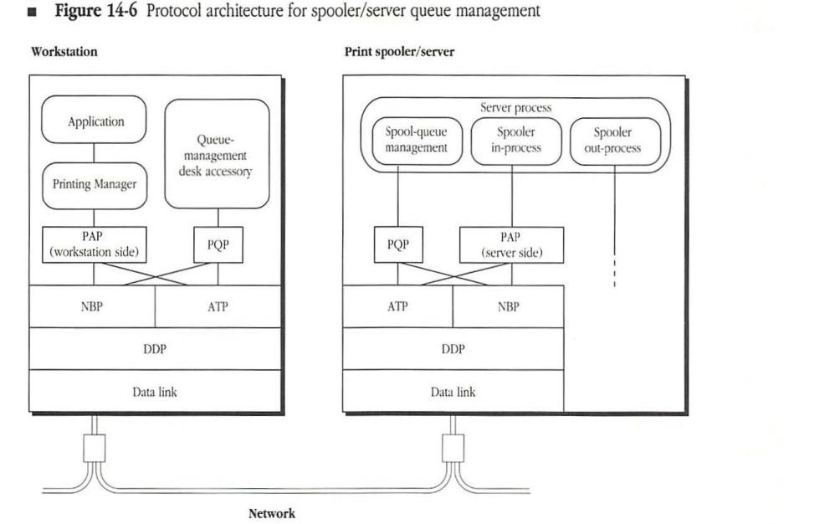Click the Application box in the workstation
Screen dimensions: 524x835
(x=95, y=122)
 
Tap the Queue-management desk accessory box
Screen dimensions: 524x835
(x=218, y=153)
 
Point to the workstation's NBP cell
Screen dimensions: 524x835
(x=92, y=306)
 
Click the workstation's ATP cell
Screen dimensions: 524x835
(x=218, y=306)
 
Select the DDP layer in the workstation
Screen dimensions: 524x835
(x=155, y=349)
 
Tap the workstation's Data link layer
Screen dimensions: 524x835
(x=155, y=391)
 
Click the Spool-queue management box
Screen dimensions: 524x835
(x=417, y=140)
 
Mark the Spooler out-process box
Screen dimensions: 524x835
(x=614, y=140)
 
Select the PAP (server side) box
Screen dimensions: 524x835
(x=511, y=245)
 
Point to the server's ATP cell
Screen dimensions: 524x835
(x=398, y=306)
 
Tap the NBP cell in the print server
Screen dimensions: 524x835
(x=508, y=306)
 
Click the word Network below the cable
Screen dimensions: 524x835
(x=272, y=513)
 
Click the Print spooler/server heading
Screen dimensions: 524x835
(x=399, y=52)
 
